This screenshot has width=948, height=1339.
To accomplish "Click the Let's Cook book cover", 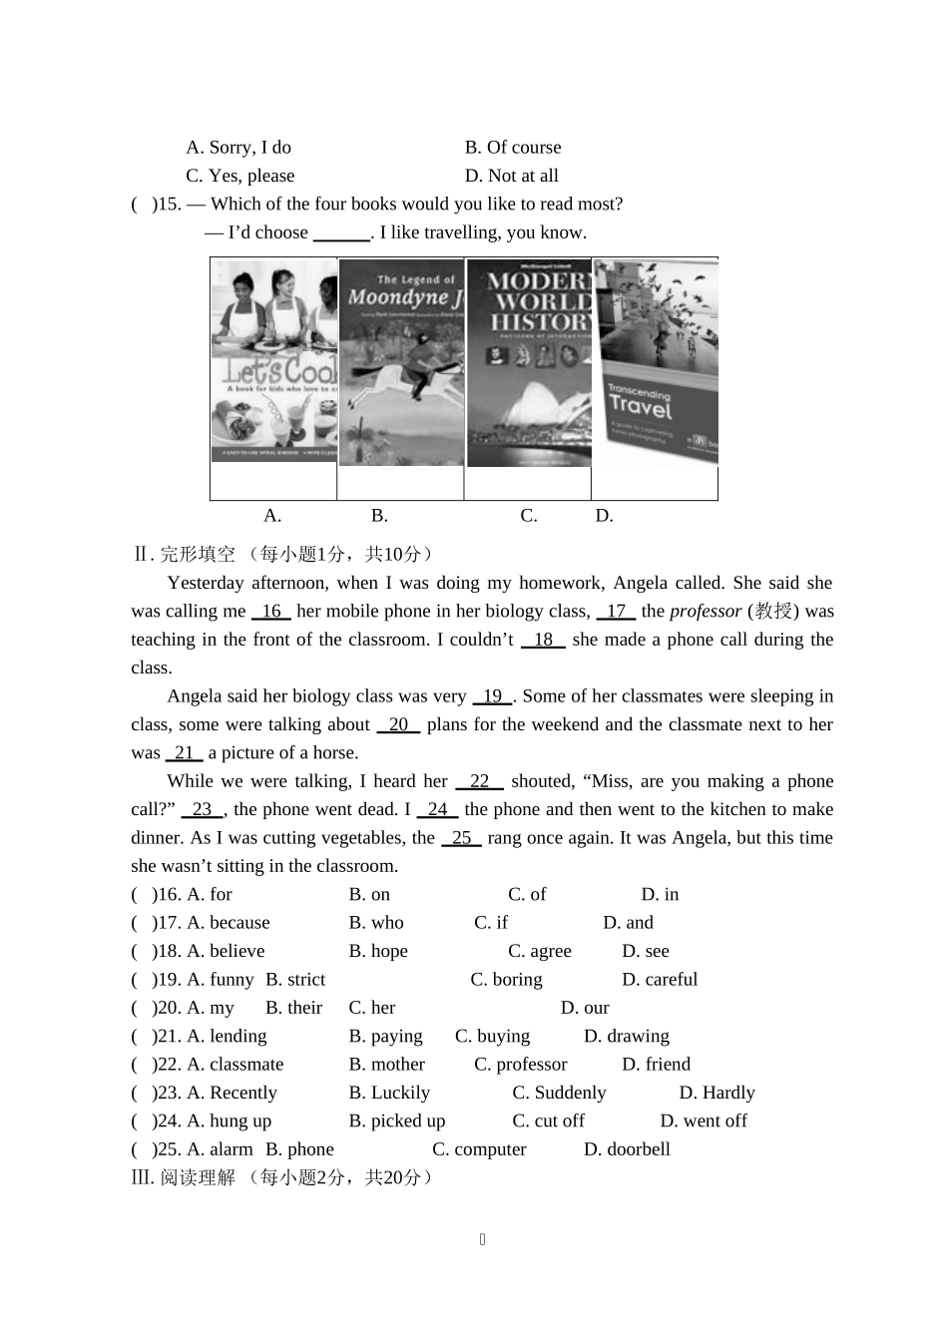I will click(x=273, y=360).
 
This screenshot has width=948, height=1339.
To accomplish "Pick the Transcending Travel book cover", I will click(x=656, y=361).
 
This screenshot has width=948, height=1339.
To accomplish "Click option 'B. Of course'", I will click(x=513, y=148).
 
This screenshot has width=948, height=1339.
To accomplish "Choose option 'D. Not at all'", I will click(x=511, y=176).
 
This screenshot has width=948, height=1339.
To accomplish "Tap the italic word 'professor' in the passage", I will click(x=706, y=611).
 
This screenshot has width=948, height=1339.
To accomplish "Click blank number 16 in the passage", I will click(x=271, y=611).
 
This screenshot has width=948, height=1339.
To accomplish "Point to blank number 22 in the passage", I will click(x=479, y=781).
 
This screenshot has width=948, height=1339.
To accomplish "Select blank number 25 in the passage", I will click(x=461, y=838).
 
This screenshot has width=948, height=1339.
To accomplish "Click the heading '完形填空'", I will click(x=198, y=555).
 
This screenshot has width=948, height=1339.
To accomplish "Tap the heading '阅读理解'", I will click(x=198, y=1177).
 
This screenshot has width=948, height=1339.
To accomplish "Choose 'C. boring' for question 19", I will click(x=506, y=980).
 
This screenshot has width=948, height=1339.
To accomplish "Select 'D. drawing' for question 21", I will click(x=626, y=1037).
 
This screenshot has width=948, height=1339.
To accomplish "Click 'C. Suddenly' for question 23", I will click(x=559, y=1093).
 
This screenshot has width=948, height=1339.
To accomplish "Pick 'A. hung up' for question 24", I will click(x=230, y=1121).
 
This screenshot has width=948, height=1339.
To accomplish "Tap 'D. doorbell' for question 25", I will click(x=627, y=1149).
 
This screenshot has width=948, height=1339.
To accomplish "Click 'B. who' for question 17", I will click(x=376, y=923).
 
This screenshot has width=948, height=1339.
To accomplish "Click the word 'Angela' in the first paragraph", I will click(x=640, y=583).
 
